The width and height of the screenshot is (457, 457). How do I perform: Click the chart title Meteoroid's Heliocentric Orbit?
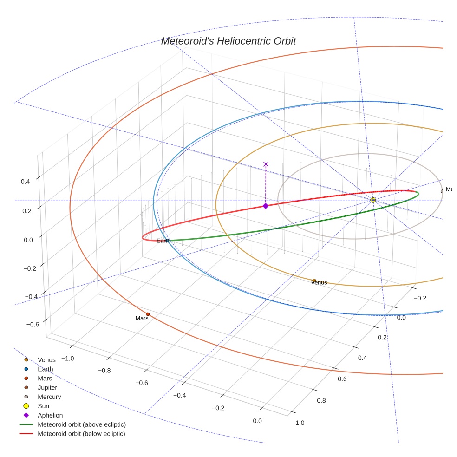(228, 41)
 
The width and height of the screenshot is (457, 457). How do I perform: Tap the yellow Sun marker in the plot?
(373, 200)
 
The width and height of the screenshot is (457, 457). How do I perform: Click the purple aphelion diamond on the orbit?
(265, 206)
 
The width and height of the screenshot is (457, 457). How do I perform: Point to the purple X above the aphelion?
(266, 164)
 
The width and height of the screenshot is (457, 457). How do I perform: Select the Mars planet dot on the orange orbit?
(148, 314)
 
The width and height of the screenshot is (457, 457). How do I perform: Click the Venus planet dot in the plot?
(314, 281)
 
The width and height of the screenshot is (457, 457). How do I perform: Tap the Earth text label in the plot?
(163, 241)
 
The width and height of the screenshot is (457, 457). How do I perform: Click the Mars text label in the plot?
(142, 319)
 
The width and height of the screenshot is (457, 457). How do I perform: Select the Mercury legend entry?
(49, 397)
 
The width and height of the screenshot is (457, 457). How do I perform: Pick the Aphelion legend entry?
(50, 415)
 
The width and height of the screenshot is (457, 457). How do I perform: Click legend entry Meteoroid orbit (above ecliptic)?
(81, 424)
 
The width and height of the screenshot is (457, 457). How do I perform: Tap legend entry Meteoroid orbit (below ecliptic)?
(81, 434)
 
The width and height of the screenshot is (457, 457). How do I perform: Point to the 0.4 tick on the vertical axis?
(26, 182)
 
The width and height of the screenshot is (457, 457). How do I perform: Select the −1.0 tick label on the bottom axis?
(68, 358)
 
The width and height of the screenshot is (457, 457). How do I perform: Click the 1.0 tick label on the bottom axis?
(300, 423)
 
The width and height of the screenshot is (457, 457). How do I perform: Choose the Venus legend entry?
(46, 359)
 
